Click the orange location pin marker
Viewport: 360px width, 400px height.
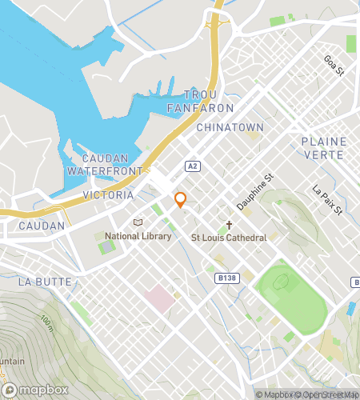(x=180, y=201)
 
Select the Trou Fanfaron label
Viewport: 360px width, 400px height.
(x=201, y=101)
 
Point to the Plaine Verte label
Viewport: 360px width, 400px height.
(x=324, y=147)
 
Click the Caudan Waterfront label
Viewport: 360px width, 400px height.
(x=103, y=165)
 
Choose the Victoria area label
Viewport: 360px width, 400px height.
(x=108, y=194)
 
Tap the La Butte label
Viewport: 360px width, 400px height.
(x=45, y=282)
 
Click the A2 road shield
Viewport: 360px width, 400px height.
(x=192, y=166)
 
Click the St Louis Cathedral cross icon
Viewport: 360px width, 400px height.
(x=228, y=225)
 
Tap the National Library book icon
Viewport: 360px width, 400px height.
(x=138, y=222)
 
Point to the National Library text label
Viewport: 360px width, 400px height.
(x=138, y=237)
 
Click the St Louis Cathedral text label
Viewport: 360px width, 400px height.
(x=228, y=238)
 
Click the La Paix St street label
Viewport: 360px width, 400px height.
(x=326, y=201)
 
